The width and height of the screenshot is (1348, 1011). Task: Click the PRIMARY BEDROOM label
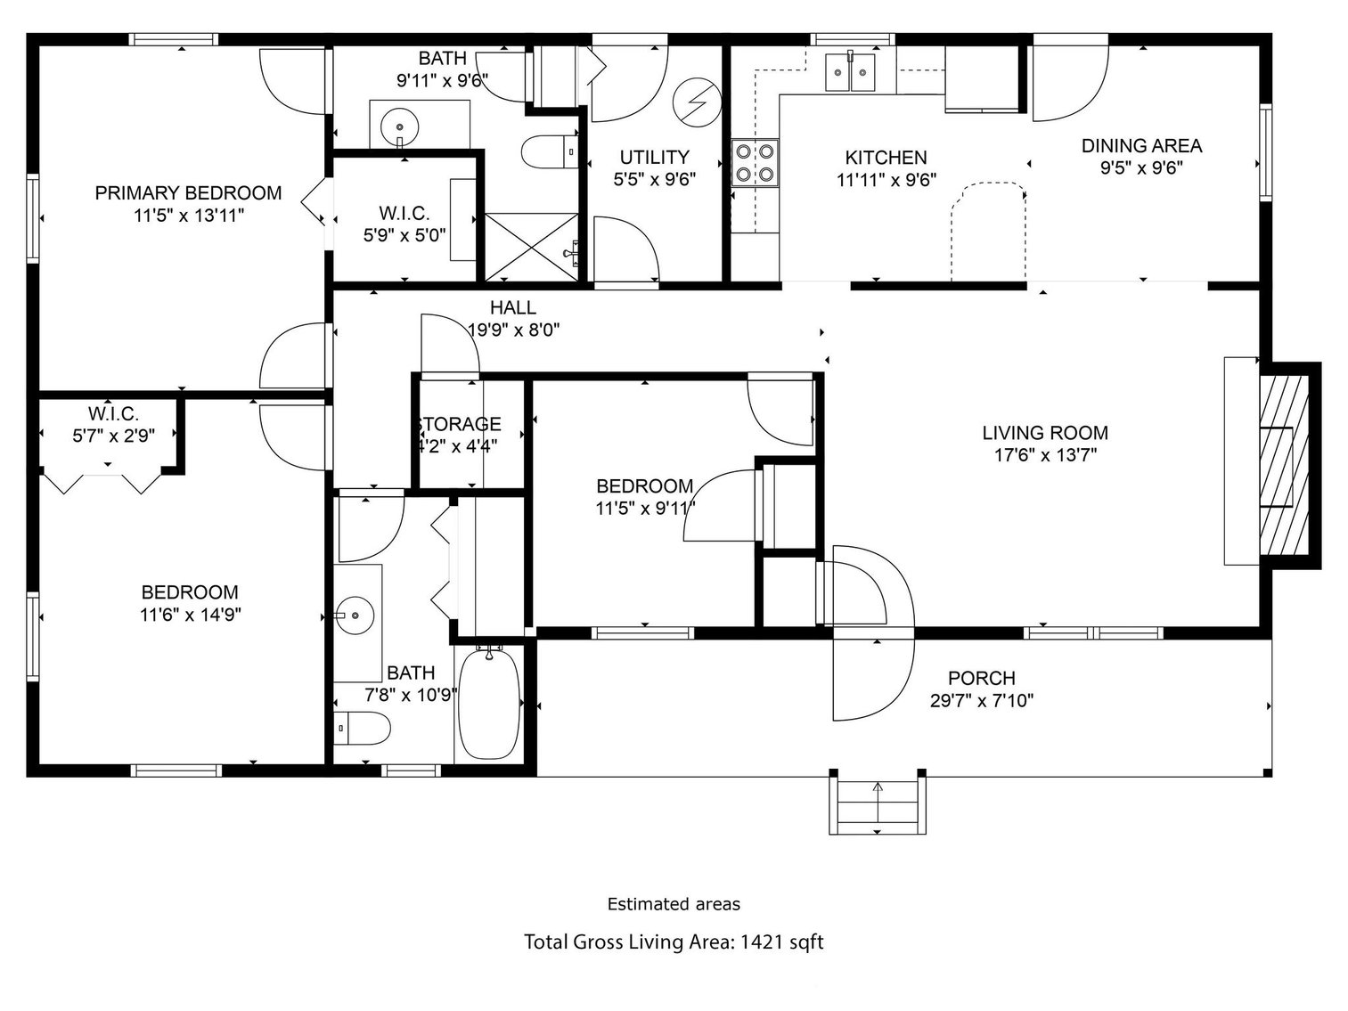[188, 192]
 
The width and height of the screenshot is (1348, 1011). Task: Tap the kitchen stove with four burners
[755, 163]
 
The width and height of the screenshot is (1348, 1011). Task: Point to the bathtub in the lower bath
[488, 704]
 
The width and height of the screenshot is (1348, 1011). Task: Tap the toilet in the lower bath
[363, 729]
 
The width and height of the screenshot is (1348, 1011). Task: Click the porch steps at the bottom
[878, 803]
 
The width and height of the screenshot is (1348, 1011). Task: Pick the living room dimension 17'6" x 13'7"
[1045, 455]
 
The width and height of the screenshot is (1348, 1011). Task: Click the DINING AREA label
[1141, 145]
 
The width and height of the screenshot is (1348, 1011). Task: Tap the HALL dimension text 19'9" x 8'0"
[515, 329]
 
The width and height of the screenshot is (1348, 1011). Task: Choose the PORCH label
[981, 678]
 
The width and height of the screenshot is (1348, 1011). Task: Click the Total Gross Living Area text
[673, 942]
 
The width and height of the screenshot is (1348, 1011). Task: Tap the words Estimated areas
[673, 904]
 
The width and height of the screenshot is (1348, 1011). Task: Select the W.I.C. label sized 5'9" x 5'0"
[404, 213]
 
